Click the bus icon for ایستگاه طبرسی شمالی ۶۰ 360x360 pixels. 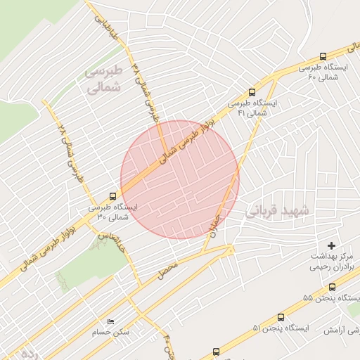point(323,56)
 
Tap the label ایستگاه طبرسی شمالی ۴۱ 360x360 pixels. point(252,108)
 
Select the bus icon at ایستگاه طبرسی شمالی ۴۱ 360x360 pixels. point(252,92)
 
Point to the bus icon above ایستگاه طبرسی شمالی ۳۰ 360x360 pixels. point(113,196)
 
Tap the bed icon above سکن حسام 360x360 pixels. point(110,322)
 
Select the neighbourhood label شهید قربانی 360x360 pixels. point(277,210)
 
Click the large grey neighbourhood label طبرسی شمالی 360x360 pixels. point(103,79)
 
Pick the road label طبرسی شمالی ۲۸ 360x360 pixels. point(71,153)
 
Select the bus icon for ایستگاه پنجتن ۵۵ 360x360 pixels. point(332,286)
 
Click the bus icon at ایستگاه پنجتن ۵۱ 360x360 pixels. point(281,318)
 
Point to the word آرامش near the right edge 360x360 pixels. point(337,329)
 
